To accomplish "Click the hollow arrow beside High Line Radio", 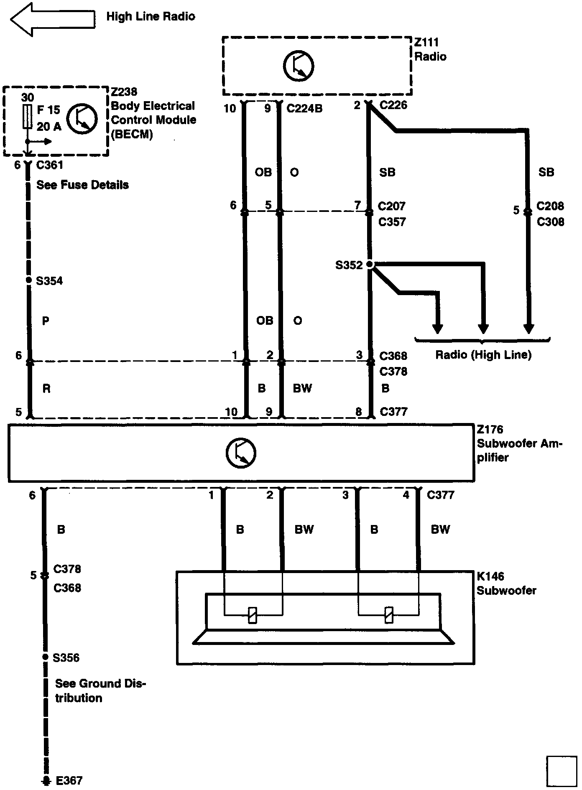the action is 52,18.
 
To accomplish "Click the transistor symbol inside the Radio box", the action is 299,66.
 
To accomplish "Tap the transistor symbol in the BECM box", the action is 82,119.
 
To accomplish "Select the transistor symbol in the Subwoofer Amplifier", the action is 241,453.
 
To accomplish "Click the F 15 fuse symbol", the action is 28,117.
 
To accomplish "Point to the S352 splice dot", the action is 370,264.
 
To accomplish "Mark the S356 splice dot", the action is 45,657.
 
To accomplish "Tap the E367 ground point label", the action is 69,780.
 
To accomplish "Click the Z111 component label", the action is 426,42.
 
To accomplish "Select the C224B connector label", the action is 304,109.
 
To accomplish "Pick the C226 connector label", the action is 393,105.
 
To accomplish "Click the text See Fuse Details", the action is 82,185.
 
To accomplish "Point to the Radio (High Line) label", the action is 483,355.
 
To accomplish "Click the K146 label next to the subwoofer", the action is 490,576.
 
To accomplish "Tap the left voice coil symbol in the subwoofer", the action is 253,615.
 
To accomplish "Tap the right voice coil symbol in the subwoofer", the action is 389,615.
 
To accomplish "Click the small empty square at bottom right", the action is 561,770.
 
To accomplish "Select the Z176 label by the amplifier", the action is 490,429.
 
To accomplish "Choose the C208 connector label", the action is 550,206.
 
